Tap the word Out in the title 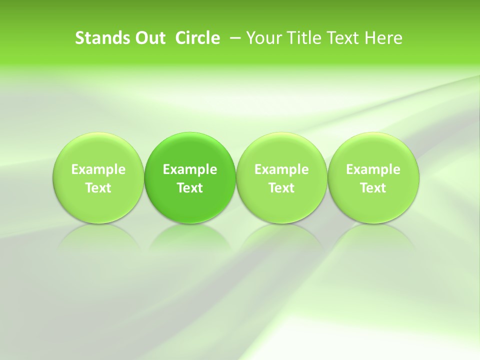pyautogui.click(x=149, y=38)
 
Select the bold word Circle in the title pyautogui.click(x=197, y=38)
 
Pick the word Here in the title pyautogui.click(x=383, y=38)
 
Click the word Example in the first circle pyautogui.click(x=98, y=169)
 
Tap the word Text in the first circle pyautogui.click(x=98, y=188)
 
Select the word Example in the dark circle pyautogui.click(x=190, y=169)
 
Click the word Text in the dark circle pyautogui.click(x=190, y=188)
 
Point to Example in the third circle pyautogui.click(x=281, y=169)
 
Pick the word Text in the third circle pyautogui.click(x=281, y=188)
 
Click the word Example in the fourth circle pyautogui.click(x=373, y=169)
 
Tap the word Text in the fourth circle pyautogui.click(x=373, y=188)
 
